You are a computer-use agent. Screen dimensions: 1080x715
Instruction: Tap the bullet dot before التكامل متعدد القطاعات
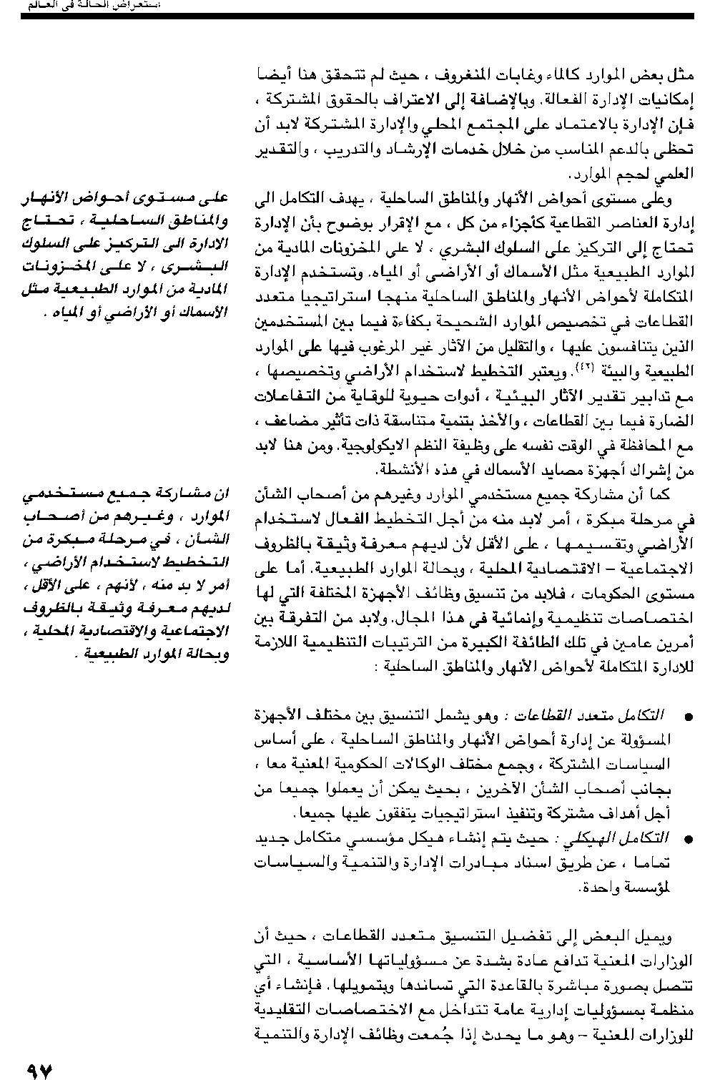coord(688,717)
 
